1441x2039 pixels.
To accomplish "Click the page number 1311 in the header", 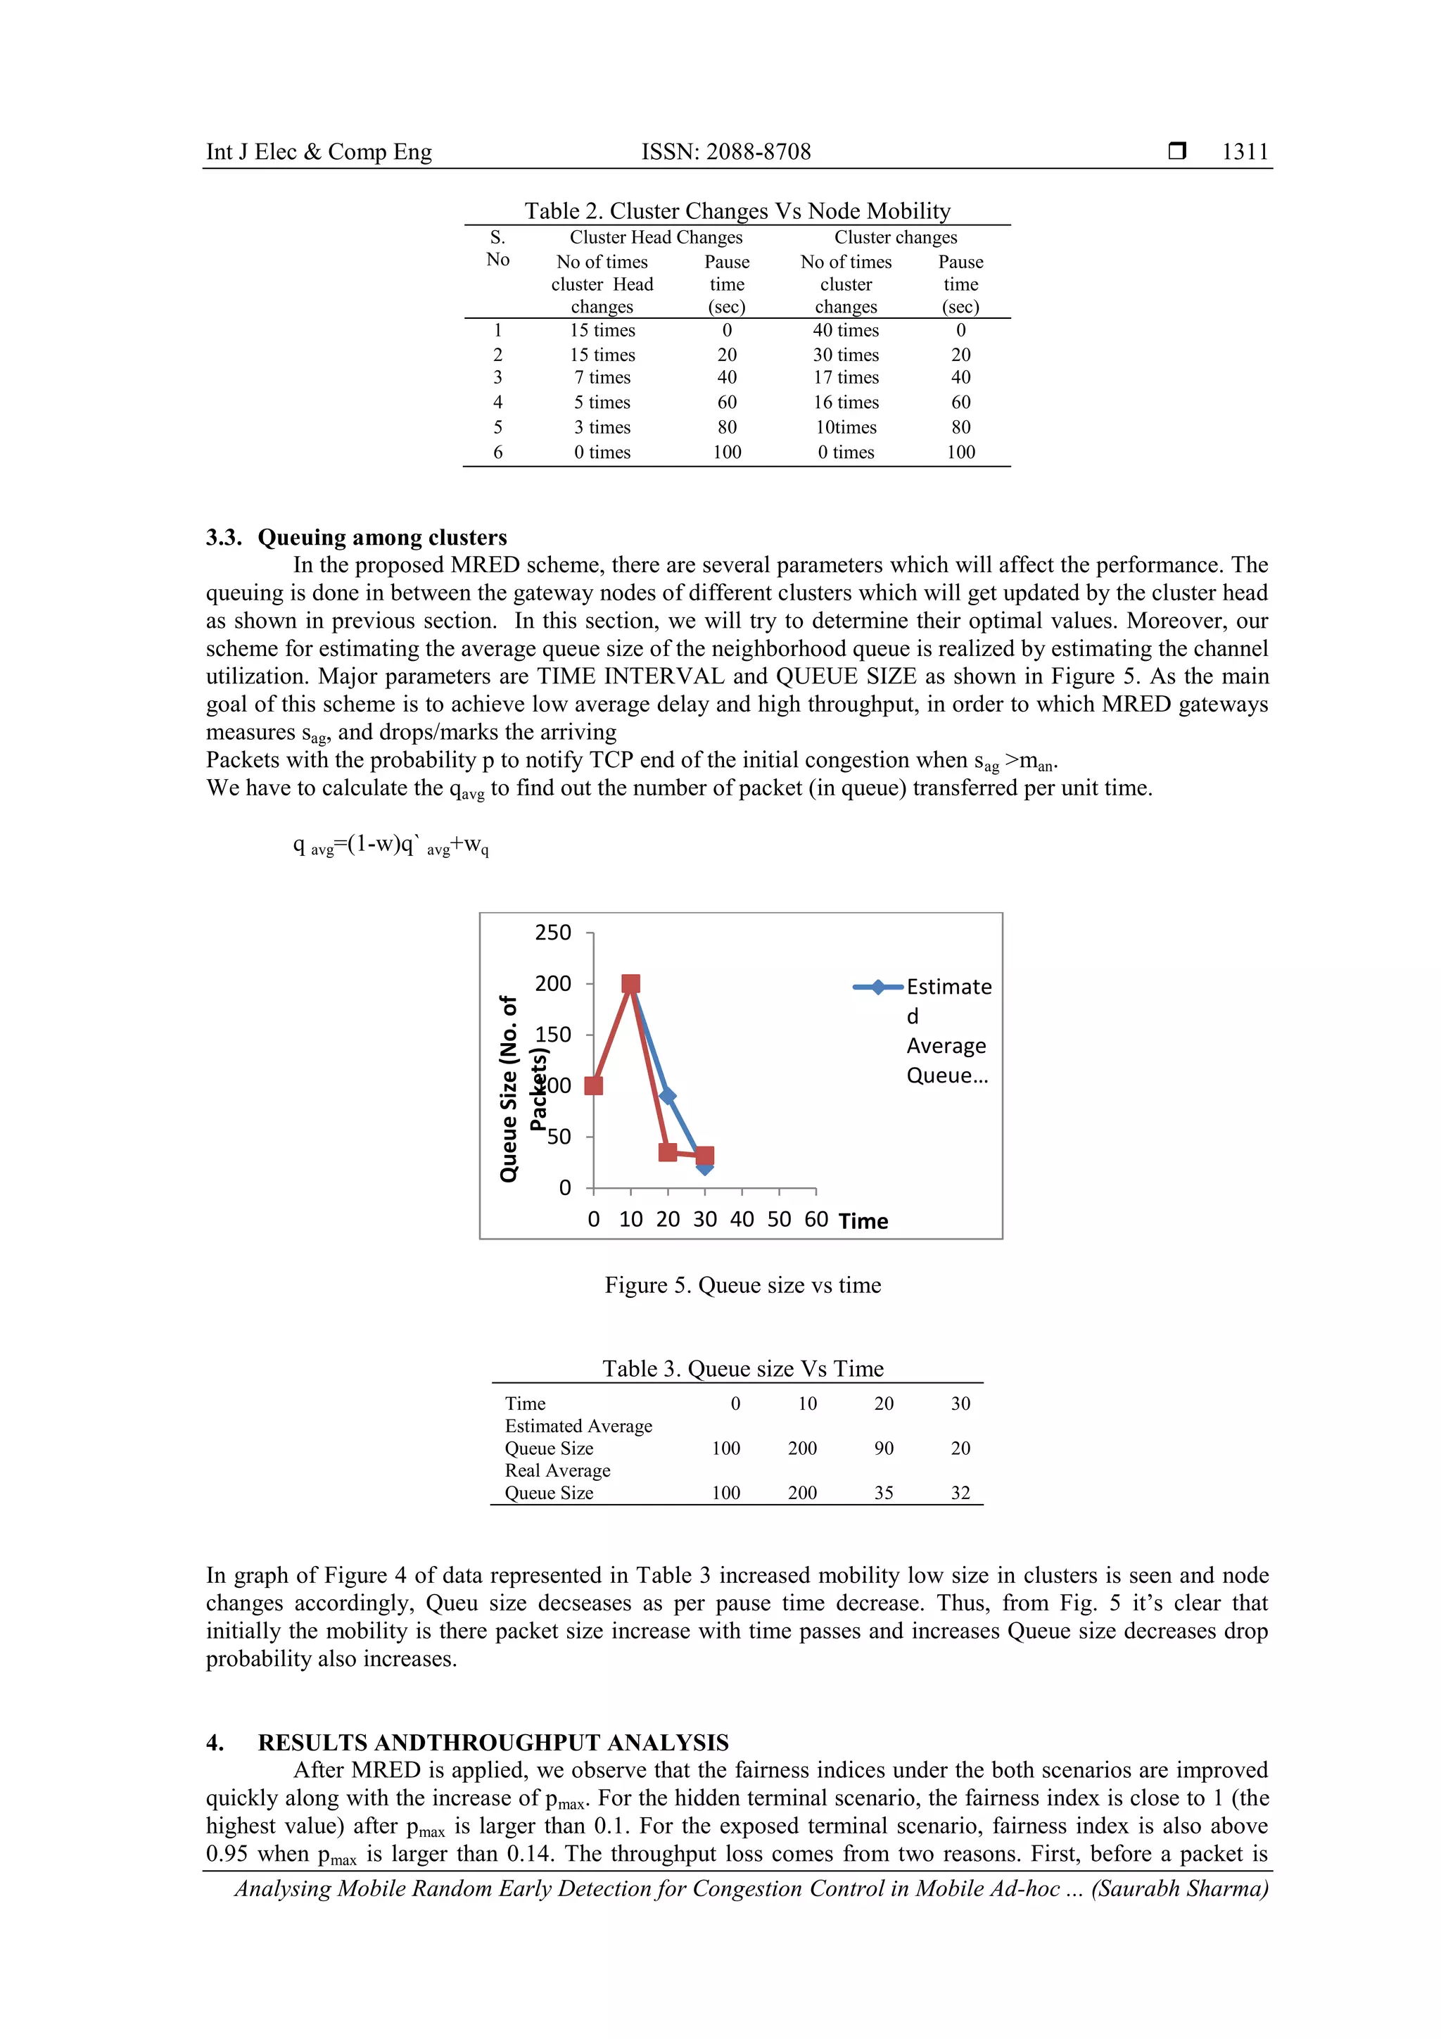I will [x=1244, y=152].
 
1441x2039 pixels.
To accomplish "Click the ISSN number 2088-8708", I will [x=725, y=152].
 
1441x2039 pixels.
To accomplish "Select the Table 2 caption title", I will [x=737, y=210].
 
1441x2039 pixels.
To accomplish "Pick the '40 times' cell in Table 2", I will [x=845, y=330].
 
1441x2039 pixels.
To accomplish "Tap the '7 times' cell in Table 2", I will [x=602, y=377].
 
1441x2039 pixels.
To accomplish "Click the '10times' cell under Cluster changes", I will [x=845, y=427].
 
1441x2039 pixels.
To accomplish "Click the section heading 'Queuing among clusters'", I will [x=382, y=537].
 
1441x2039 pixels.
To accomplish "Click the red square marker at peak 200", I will [x=630, y=983].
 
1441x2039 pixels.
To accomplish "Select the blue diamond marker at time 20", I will [x=668, y=1097].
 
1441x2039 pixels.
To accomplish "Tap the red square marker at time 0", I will [x=594, y=1085].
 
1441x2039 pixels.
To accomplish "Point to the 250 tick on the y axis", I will [x=552, y=933].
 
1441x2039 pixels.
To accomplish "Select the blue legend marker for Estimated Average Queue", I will [x=877, y=987].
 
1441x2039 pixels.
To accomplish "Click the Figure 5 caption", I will [x=742, y=1285].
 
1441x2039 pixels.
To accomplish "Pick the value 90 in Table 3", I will [x=884, y=1448].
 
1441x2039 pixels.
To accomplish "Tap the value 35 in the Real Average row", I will [x=884, y=1493].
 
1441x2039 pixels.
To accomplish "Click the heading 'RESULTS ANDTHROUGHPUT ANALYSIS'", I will [x=493, y=1743].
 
